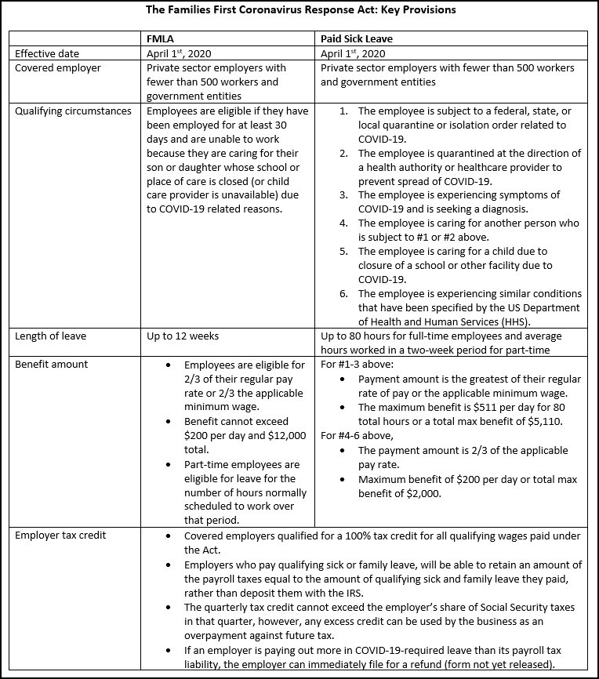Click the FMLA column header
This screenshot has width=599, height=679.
[161, 38]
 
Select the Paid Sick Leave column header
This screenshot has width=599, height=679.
[357, 38]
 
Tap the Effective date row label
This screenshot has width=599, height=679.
[47, 53]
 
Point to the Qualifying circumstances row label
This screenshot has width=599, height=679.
[74, 111]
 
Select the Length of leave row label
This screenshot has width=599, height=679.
[51, 336]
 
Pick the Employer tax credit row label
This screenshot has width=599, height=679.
[60, 536]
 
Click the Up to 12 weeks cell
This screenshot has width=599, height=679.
[183, 336]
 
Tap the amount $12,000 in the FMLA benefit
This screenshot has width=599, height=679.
[269, 436]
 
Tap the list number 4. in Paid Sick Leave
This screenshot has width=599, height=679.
[343, 223]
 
